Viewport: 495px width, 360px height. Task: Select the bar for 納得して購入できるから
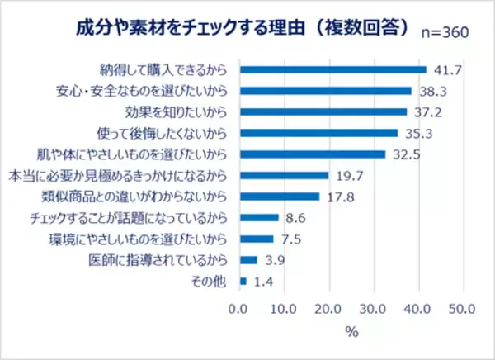(x=332, y=69)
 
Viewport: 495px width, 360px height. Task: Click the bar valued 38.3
(x=325, y=91)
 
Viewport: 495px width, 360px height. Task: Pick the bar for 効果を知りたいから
(x=323, y=111)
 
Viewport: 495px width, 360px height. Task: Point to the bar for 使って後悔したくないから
(x=318, y=133)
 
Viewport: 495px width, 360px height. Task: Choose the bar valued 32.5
(x=312, y=154)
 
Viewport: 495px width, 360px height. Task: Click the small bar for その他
(x=243, y=282)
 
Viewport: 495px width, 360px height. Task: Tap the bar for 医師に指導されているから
(x=248, y=260)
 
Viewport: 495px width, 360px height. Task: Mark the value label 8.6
(x=295, y=218)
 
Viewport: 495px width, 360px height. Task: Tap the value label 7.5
(x=290, y=239)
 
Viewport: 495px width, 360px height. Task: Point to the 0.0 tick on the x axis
(x=239, y=310)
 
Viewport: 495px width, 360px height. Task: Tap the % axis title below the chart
(x=351, y=334)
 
